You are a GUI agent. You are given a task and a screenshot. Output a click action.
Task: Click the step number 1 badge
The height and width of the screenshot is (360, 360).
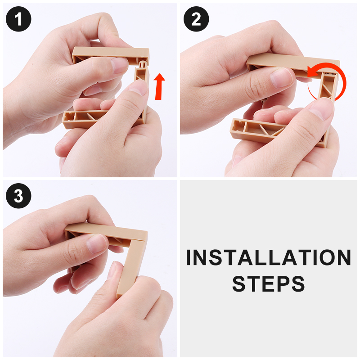pyautogui.click(x=18, y=19)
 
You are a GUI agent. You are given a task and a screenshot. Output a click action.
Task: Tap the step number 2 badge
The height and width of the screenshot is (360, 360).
pyautogui.click(x=196, y=19)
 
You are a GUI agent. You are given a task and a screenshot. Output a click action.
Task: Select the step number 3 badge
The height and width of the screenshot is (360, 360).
pyautogui.click(x=18, y=196)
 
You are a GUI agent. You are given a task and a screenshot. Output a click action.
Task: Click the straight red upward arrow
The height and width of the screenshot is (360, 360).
pyautogui.click(x=159, y=86)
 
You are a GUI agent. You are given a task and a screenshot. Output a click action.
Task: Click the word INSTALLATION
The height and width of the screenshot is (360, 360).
pyautogui.click(x=268, y=257)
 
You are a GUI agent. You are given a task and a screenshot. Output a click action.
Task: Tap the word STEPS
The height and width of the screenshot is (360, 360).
pyautogui.click(x=268, y=284)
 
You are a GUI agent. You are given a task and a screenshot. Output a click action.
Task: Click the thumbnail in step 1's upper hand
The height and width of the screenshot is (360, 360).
pyautogui.click(x=119, y=65)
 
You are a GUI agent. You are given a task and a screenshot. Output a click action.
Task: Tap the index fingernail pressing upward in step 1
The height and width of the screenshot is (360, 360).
pyautogui.click(x=139, y=87)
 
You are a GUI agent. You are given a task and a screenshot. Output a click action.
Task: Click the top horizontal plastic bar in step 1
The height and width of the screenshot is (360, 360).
pyautogui.click(x=111, y=54)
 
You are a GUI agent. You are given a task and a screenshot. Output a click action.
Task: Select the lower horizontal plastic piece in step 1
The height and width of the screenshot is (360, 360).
pyautogui.click(x=85, y=119)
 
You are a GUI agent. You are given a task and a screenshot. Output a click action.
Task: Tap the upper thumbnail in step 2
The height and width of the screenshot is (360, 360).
pyautogui.click(x=282, y=78)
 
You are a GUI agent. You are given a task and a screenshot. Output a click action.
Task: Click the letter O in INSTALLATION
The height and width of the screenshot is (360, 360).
pyautogui.click(x=328, y=257)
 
